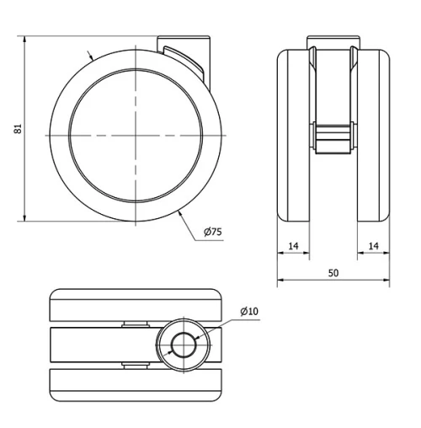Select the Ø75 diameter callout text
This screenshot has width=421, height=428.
click(211, 232)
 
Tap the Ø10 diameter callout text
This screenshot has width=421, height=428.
click(248, 311)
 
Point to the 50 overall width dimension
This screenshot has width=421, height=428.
click(334, 272)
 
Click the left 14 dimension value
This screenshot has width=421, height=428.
click(293, 245)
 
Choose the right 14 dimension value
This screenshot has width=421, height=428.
click(374, 245)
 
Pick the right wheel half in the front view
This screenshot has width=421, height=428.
click(374, 135)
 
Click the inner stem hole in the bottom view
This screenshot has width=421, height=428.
click(181, 343)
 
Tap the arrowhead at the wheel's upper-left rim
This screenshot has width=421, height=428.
click(91, 58)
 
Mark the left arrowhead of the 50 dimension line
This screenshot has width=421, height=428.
click(281, 280)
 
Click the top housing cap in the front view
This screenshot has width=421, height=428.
click(334, 42)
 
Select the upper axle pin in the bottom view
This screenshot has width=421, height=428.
click(136, 324)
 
